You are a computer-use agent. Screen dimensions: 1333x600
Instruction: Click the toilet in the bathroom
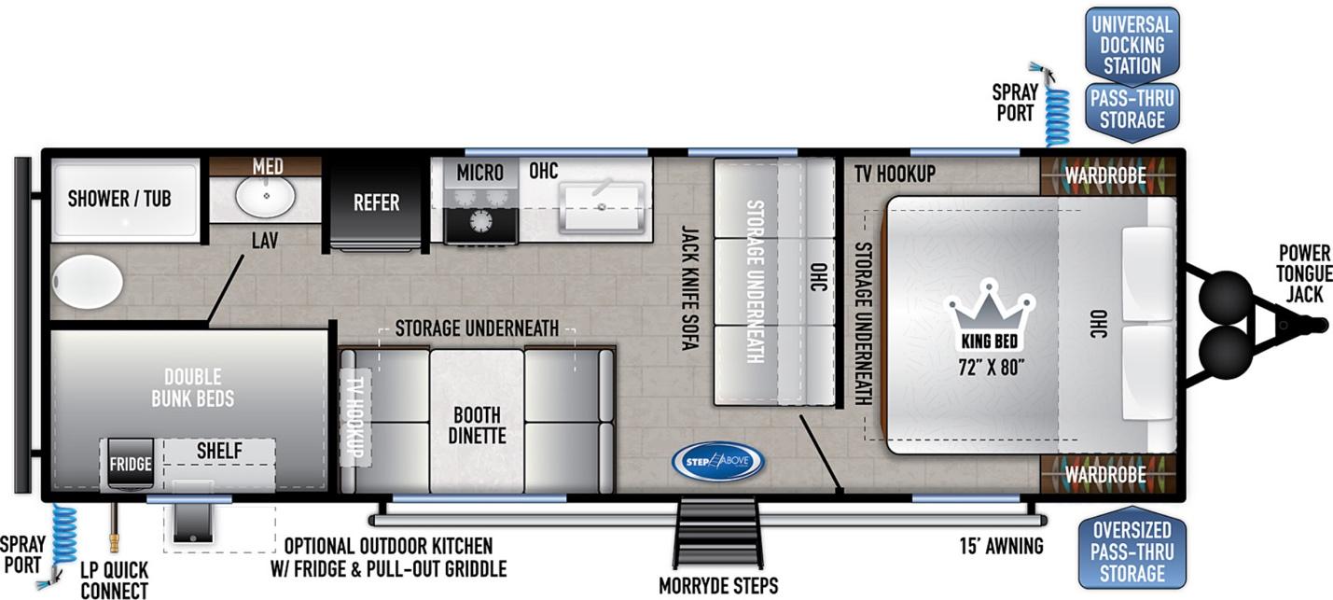[x=88, y=282]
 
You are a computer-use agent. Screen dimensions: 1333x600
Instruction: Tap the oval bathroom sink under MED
[x=266, y=196]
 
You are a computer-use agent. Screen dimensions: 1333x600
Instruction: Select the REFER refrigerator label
[x=376, y=202]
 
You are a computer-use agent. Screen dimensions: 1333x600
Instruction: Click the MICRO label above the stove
[x=479, y=173]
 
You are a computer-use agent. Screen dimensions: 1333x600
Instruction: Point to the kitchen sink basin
[x=602, y=206]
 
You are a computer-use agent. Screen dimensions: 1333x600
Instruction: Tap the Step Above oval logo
[x=718, y=462]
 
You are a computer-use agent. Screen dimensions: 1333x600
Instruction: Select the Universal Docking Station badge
[x=1132, y=46]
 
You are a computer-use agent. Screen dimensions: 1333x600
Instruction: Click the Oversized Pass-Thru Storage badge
[x=1132, y=551]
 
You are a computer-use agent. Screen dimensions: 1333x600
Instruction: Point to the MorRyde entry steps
[x=718, y=532]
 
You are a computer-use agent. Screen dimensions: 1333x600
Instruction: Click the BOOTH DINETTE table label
[x=477, y=425]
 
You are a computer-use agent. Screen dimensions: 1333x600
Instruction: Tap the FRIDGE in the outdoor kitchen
[x=131, y=465]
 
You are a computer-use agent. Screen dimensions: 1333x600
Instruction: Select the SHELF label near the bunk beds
[x=219, y=451]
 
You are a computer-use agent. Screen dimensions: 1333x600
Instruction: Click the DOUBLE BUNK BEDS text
[x=193, y=387]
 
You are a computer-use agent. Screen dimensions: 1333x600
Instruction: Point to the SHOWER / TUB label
[x=119, y=199]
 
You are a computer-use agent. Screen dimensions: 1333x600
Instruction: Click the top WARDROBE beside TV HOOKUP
[x=1105, y=175]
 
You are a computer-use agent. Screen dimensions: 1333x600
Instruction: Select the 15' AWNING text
[x=1002, y=546]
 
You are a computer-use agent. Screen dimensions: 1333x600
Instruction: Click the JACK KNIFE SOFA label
[x=689, y=287]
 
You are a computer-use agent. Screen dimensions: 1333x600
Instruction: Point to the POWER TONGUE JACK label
[x=1304, y=273]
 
